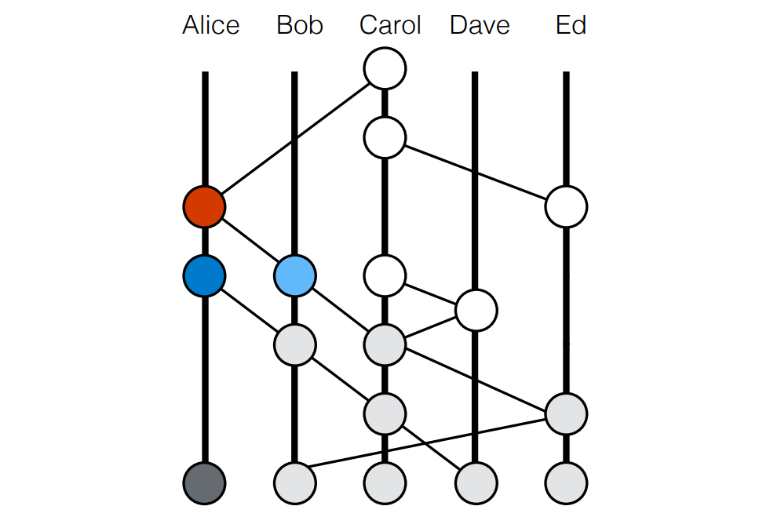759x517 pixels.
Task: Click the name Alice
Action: tap(210, 26)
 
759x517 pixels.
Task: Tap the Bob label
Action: tap(299, 26)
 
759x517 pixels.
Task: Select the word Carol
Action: tap(390, 26)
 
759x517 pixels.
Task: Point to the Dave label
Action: tap(480, 26)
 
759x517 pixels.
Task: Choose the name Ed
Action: tap(571, 26)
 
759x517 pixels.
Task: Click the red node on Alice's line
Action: tap(204, 207)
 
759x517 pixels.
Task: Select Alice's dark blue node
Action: tap(204, 275)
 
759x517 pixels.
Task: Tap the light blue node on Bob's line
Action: tap(295, 275)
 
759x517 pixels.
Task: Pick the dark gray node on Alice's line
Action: tap(204, 481)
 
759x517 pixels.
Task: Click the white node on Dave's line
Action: tap(476, 310)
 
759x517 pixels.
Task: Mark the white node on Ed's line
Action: tap(566, 207)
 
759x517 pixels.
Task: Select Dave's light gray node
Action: tap(476, 481)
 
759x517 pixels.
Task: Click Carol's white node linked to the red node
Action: tap(385, 69)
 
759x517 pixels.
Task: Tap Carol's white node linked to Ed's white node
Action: tap(385, 138)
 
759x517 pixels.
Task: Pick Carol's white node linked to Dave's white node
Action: tap(385, 275)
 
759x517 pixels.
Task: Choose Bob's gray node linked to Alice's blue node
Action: tap(295, 344)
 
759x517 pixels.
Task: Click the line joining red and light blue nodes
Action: tap(250, 242)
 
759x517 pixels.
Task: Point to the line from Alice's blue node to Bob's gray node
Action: tap(250, 310)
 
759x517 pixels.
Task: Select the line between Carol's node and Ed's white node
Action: tap(476, 173)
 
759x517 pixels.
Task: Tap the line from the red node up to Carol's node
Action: tap(294, 138)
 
